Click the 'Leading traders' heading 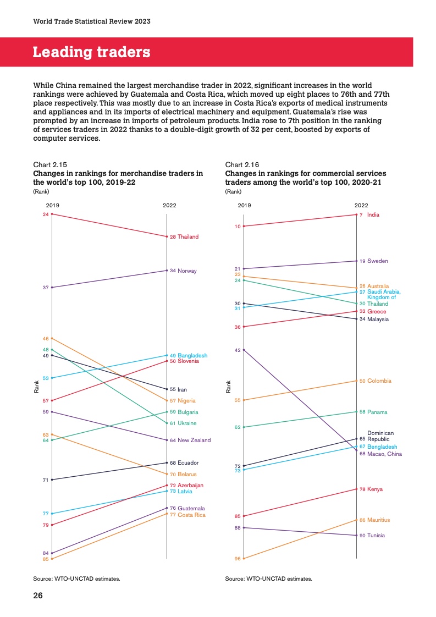click(91, 52)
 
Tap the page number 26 click(38, 595)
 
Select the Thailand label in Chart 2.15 click(187, 237)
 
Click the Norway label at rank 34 click(187, 271)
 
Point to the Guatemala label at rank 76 click(191, 508)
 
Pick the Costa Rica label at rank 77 click(191, 515)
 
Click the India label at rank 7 click(373, 215)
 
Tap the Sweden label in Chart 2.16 click(378, 261)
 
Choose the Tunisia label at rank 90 click(376, 535)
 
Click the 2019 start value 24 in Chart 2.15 click(46, 214)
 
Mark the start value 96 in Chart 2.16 click(238, 559)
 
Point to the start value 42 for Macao click(238, 350)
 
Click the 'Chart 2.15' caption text click(51, 164)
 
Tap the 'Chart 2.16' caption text click(242, 164)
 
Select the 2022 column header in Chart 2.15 click(169, 205)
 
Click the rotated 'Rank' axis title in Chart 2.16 click(228, 387)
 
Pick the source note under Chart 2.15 click(76, 579)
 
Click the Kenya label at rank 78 click(375, 489)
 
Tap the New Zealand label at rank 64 click(194, 440)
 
